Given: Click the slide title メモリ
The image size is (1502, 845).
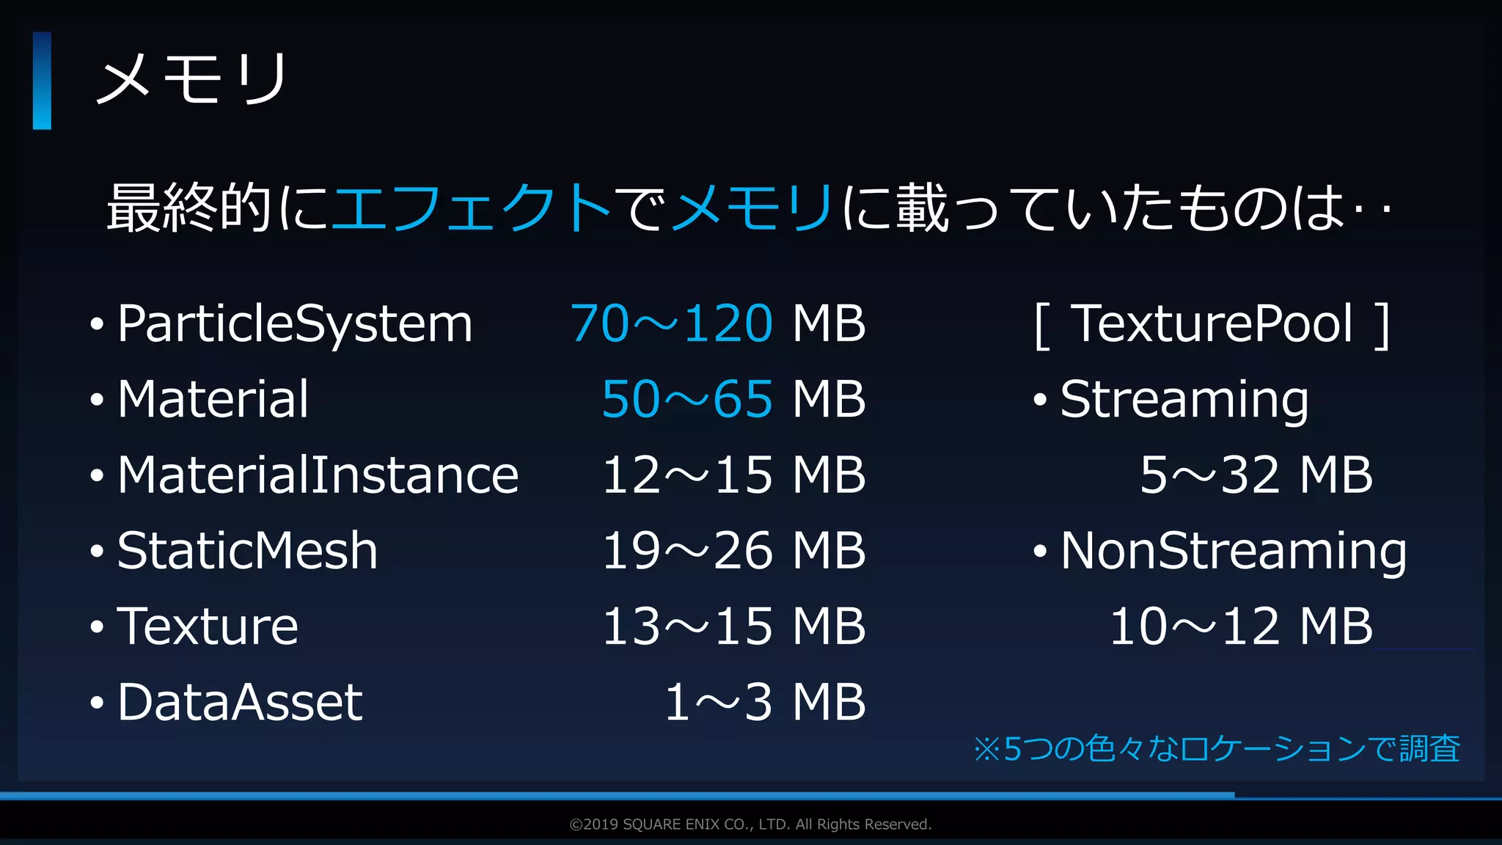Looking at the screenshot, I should (x=192, y=78).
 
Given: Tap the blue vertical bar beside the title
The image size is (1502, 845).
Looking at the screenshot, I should (x=42, y=81).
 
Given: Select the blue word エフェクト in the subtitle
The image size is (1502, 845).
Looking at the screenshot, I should (x=472, y=208).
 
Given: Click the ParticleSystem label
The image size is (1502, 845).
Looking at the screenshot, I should (x=295, y=323).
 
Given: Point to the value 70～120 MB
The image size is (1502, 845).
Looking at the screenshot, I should (x=718, y=323).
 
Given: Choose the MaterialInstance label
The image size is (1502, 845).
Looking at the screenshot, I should (x=318, y=475).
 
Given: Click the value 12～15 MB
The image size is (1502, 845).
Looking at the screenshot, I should (x=733, y=475).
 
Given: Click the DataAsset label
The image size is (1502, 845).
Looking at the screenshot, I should (x=240, y=702).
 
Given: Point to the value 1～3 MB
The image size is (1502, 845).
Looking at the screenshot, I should (x=765, y=702).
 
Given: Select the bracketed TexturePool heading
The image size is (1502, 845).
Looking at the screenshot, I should (x=1212, y=323).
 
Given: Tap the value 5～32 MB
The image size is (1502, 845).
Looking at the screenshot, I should (x=1256, y=475).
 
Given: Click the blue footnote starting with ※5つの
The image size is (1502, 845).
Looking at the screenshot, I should (x=1217, y=749).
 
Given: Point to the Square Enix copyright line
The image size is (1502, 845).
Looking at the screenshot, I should (x=750, y=824).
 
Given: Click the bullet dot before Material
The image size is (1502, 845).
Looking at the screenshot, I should (x=97, y=400).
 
